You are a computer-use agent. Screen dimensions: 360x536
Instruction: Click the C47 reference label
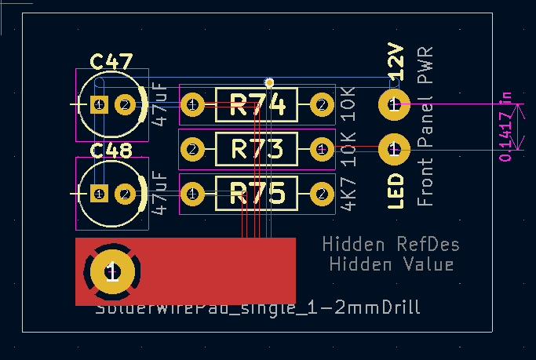pyautogui.click(x=111, y=62)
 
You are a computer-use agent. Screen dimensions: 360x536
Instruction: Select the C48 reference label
pyautogui.click(x=111, y=151)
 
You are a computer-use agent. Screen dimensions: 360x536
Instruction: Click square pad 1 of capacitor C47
pyautogui.click(x=99, y=104)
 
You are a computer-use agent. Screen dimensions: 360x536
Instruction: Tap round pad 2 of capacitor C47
pyautogui.click(x=126, y=104)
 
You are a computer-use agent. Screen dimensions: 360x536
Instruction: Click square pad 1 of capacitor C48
pyautogui.click(x=99, y=193)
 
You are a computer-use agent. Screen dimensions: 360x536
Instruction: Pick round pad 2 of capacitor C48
pyautogui.click(x=126, y=193)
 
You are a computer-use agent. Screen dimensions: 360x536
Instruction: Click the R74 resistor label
pyautogui.click(x=257, y=104)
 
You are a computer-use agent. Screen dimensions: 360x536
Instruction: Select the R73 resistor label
pyautogui.click(x=257, y=147)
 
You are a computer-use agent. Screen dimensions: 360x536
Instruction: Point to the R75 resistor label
pyautogui.click(x=257, y=193)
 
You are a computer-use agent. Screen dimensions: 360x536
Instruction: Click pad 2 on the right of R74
pyautogui.click(x=321, y=104)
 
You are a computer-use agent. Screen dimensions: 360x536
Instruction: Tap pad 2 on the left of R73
pyautogui.click(x=193, y=147)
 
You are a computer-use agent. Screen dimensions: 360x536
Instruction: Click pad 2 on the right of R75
pyautogui.click(x=321, y=193)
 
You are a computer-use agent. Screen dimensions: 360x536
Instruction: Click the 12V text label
pyautogui.click(x=396, y=61)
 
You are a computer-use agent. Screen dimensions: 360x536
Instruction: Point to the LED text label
pyautogui.click(x=396, y=191)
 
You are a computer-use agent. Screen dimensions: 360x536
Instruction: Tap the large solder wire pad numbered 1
pyautogui.click(x=112, y=271)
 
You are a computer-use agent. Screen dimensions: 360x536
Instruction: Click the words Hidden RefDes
pyautogui.click(x=391, y=245)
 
